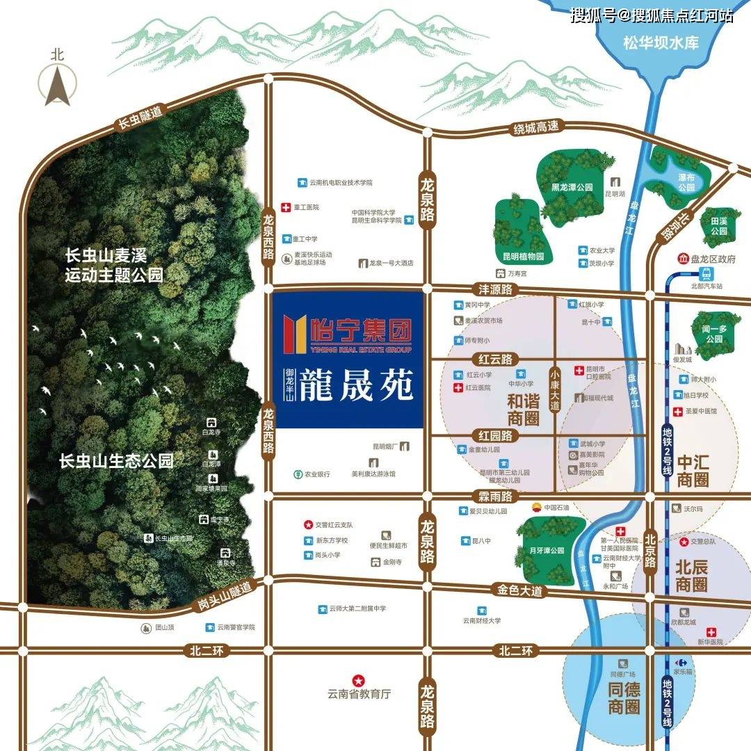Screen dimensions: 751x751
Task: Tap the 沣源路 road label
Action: [491, 288]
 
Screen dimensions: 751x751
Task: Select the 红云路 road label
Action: [494, 359]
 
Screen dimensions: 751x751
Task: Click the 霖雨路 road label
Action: [495, 496]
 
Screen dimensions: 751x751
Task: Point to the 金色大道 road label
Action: [519, 590]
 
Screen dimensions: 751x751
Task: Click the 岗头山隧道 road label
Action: [223, 597]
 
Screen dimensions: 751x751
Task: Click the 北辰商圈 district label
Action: [691, 575]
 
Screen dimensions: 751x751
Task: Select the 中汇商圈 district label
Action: [693, 470]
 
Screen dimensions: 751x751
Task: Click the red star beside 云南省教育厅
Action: [359, 679]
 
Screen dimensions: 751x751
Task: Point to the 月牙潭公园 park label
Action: [546, 551]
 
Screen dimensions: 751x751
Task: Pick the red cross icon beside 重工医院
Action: [285, 207]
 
